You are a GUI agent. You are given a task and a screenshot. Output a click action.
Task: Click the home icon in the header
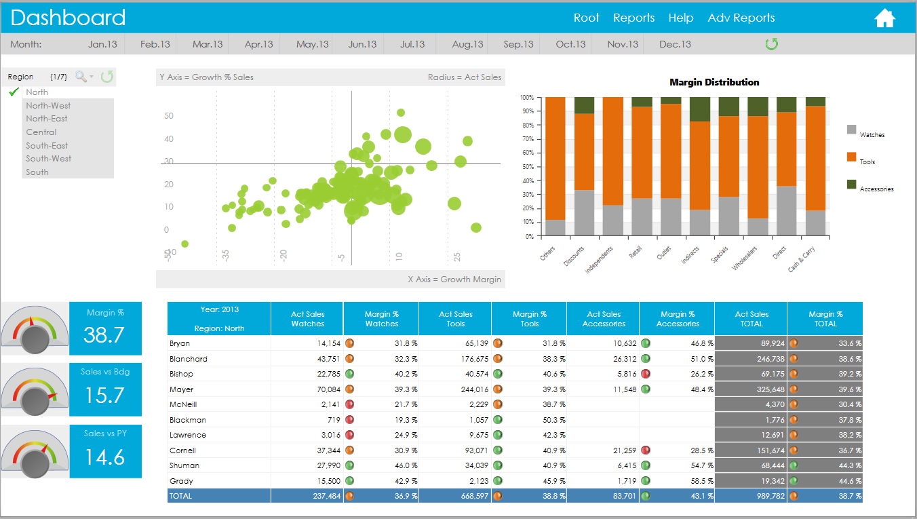click(885, 18)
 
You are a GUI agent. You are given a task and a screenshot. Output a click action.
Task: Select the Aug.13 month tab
click(468, 44)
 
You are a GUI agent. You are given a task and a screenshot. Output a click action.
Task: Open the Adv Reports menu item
click(741, 18)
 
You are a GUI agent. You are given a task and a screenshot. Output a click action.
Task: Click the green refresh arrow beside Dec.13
click(771, 44)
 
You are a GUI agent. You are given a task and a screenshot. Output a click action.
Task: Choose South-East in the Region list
click(47, 145)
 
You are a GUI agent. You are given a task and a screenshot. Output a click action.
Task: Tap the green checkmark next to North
click(14, 92)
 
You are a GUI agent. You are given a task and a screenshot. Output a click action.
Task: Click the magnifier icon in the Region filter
click(81, 77)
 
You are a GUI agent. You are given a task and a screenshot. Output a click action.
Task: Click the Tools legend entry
click(867, 161)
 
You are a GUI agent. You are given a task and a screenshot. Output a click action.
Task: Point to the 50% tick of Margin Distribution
click(528, 167)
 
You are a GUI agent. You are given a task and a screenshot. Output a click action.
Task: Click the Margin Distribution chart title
click(714, 82)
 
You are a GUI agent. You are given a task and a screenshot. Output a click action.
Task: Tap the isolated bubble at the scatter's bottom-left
click(184, 244)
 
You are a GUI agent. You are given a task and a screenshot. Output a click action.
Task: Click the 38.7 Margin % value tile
click(105, 328)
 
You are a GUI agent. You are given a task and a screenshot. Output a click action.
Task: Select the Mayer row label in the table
click(181, 389)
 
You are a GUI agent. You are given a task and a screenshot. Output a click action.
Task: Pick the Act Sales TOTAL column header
click(751, 318)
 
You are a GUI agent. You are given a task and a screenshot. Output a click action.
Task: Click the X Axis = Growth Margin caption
click(454, 279)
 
